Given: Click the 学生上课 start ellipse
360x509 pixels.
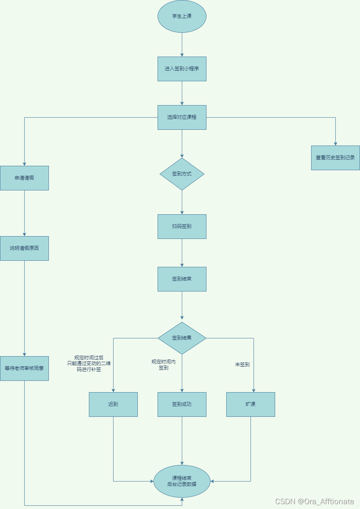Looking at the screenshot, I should point(182,16).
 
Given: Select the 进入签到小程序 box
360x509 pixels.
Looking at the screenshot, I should point(182,69).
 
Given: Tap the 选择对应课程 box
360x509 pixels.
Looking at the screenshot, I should point(182,117).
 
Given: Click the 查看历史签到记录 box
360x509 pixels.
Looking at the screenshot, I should point(335,158).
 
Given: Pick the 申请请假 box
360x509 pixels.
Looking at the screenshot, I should point(24,178).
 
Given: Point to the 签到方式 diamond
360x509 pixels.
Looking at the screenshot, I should point(182,174).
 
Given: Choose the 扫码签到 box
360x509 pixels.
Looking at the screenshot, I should point(182,226).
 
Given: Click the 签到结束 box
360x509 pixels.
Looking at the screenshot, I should point(182,279).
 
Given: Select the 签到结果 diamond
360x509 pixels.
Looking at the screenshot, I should point(182,338).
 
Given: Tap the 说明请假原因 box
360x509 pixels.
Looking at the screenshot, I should point(24,248).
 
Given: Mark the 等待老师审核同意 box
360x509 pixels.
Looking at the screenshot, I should point(24,368).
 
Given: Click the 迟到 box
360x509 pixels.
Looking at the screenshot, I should point(113,404).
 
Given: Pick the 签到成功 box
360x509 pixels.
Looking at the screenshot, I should point(182,404).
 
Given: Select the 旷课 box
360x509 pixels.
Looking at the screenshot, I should point(251,404).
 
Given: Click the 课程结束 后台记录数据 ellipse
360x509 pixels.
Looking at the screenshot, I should point(182,481).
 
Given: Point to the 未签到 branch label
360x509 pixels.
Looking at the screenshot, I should point(242,365).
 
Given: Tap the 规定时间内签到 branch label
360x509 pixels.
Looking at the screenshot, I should point(164,365).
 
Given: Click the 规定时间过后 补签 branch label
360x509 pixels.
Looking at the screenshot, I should point(89,363).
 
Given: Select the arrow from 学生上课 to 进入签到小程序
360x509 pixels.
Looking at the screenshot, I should point(182,44).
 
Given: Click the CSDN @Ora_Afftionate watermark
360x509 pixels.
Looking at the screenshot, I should point(314,501).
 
